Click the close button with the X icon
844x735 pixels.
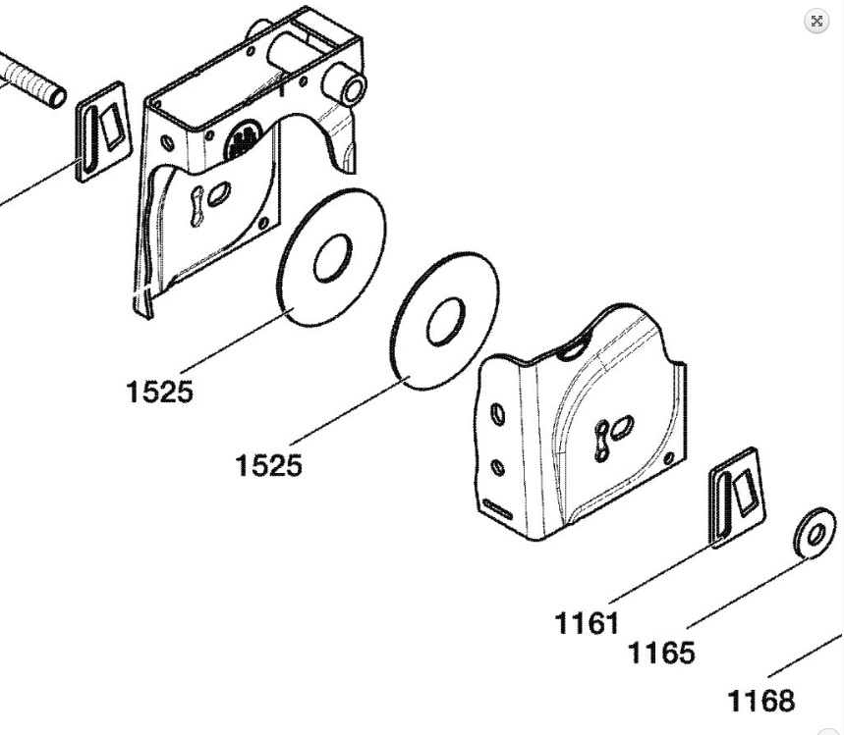tap(816, 22)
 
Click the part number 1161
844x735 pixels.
tap(587, 622)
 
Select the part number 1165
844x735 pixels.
tap(660, 652)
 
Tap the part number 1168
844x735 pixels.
tap(760, 701)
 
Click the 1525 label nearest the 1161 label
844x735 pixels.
tap(268, 464)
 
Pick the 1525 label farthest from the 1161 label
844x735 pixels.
tap(159, 392)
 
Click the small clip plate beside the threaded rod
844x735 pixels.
tap(101, 131)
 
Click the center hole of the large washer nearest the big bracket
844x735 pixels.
tap(332, 256)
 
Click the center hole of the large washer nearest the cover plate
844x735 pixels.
tap(445, 322)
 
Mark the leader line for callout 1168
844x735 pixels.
tap(804, 655)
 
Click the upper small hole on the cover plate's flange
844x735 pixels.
tap(499, 415)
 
